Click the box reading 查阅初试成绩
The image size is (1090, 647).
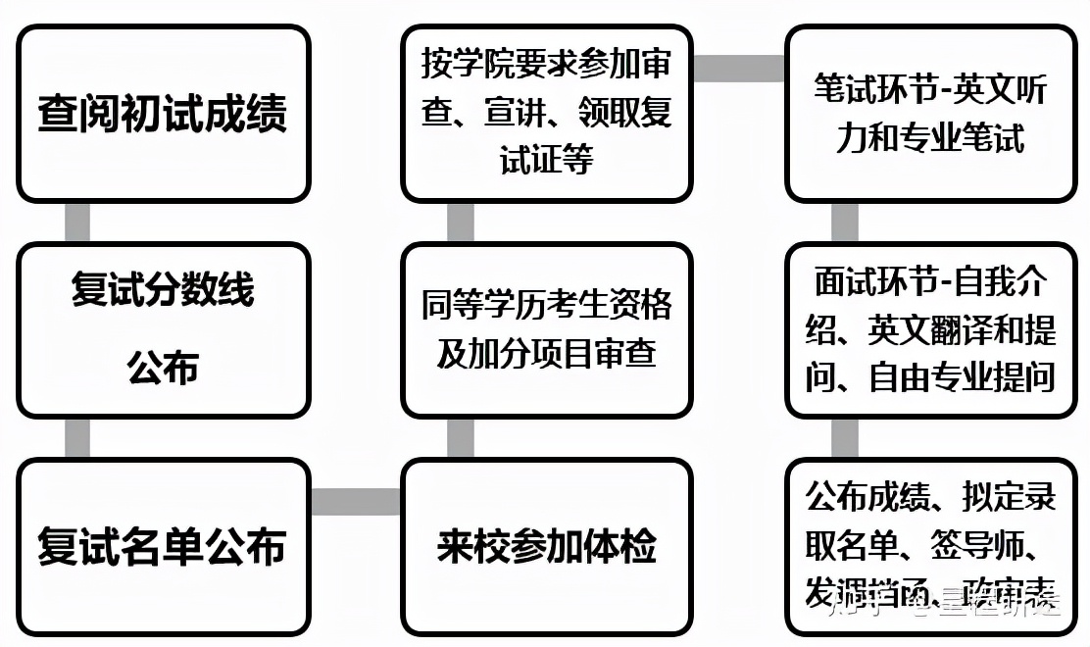pos(163,114)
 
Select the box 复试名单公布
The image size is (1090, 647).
pos(163,546)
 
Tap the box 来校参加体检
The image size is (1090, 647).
pos(547,546)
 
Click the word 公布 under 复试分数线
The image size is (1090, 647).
pos(163,369)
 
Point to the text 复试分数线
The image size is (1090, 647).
pos(163,290)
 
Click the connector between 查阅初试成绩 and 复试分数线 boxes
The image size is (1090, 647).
pos(77,223)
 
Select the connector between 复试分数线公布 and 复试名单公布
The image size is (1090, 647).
pos(77,438)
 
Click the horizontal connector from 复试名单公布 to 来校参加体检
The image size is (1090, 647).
pos(355,502)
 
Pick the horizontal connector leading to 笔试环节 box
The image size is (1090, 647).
pos(739,68)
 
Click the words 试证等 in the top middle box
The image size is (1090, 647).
pos(547,160)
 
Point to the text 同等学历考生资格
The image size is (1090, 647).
pos(547,305)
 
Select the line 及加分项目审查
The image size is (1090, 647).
pos(547,354)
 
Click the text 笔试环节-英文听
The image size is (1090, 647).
pos(930,90)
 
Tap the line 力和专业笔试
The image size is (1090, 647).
pos(930,138)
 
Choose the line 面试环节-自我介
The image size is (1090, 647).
pos(930,282)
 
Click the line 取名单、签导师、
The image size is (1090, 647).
pos(930,545)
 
